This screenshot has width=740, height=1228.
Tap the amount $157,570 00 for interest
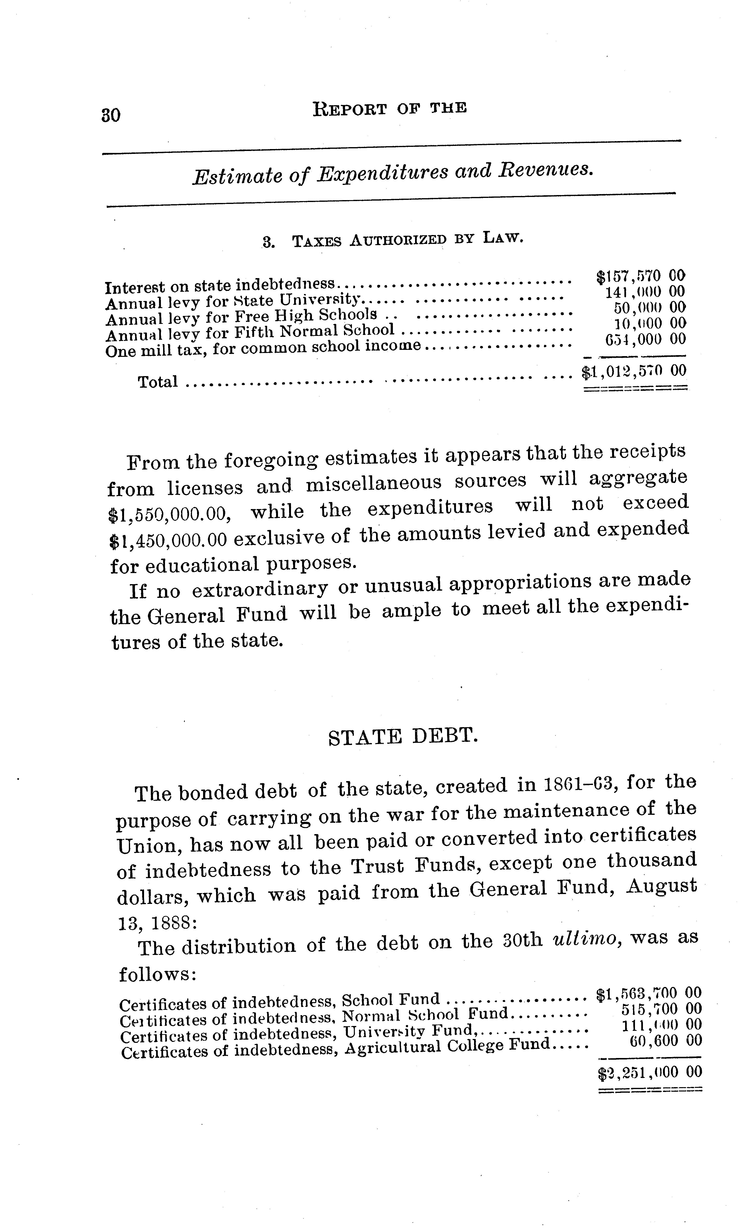pos(641,276)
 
